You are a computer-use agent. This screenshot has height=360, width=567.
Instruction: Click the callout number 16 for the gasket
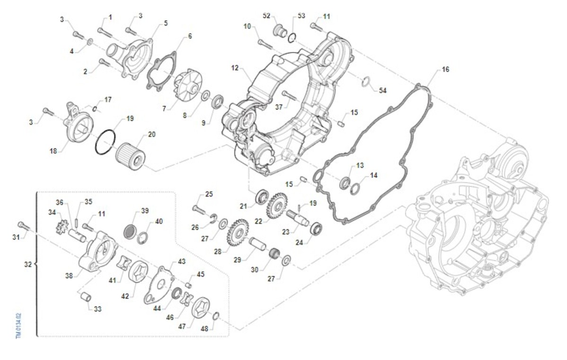445,69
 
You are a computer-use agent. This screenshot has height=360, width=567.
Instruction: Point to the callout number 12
235,68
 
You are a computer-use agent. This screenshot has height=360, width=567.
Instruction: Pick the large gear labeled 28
238,232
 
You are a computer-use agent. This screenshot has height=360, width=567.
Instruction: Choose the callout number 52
266,16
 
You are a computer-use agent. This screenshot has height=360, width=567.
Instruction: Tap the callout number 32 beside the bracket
28,264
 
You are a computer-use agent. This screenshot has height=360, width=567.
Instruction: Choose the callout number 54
382,90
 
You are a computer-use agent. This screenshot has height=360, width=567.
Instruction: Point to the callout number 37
279,107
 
